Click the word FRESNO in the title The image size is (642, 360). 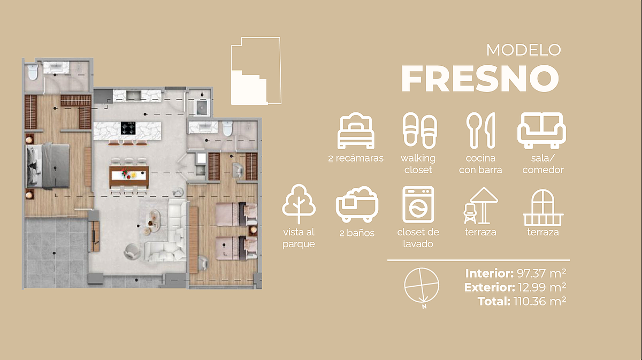pos(480,78)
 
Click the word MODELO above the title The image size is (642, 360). pos(523,50)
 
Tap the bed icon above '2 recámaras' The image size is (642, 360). pos(356,131)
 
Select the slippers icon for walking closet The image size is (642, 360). pos(420,131)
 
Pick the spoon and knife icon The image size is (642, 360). pos(480,131)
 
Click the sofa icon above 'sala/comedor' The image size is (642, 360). pos(541,131)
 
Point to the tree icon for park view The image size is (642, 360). pos(299,204)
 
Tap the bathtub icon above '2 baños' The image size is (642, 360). pos(357,204)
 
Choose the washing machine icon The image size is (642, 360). pos(418,204)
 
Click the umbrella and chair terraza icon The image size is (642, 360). pos(480,206)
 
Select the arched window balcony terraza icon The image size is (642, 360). pos(543,208)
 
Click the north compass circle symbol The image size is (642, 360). pos(422,286)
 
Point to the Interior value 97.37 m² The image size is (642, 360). pos(541,273)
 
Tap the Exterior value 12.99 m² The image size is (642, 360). pos(541,287)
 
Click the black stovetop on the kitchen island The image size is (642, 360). pos(128,128)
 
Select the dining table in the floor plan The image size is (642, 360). pos(129,175)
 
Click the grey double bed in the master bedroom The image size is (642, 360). pos(48,166)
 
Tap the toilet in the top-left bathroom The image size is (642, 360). pos(33,72)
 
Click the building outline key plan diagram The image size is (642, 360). pos(256,71)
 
